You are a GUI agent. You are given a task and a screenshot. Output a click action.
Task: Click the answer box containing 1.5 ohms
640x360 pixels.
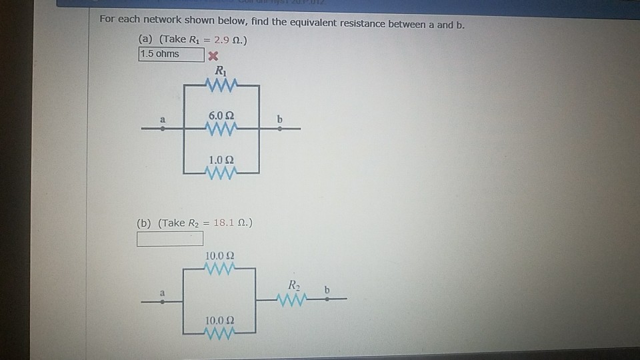pos(171,54)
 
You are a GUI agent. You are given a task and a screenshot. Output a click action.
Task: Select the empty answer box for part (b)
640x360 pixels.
pos(170,239)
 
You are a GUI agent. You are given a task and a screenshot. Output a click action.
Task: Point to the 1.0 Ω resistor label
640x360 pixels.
pos(219,161)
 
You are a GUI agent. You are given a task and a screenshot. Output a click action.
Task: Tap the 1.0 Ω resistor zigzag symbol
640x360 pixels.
pos(219,174)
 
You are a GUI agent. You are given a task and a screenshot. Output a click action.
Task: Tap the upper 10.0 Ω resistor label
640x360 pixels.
pos(219,256)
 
